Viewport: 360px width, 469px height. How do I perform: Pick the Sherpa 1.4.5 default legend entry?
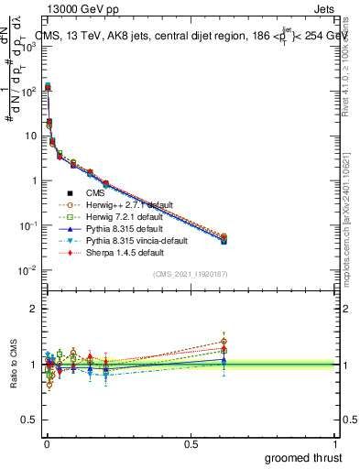tap(127, 252)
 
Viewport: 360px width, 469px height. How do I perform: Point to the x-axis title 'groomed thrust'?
tap(303, 457)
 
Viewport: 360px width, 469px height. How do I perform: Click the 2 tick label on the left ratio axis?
tap(33, 309)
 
